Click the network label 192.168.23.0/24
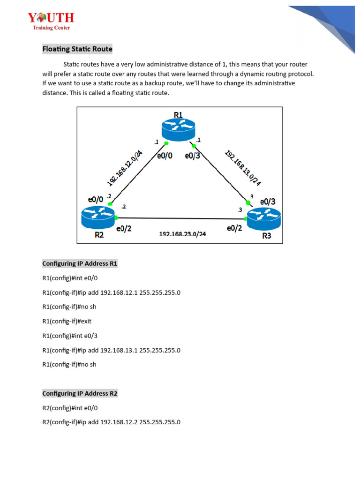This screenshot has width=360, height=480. (x=183, y=234)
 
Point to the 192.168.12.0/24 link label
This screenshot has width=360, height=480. (x=125, y=168)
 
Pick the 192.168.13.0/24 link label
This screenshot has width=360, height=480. (x=243, y=168)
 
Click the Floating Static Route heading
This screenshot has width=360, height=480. (x=77, y=49)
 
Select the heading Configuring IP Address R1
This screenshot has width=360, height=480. (x=80, y=263)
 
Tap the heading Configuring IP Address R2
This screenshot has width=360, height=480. (x=80, y=393)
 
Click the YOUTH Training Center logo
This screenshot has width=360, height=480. (x=51, y=21)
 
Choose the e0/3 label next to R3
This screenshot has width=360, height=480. (x=268, y=202)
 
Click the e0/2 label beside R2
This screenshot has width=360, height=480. (x=123, y=229)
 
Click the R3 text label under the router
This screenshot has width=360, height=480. (x=266, y=236)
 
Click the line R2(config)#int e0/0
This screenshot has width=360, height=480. (x=70, y=408)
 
